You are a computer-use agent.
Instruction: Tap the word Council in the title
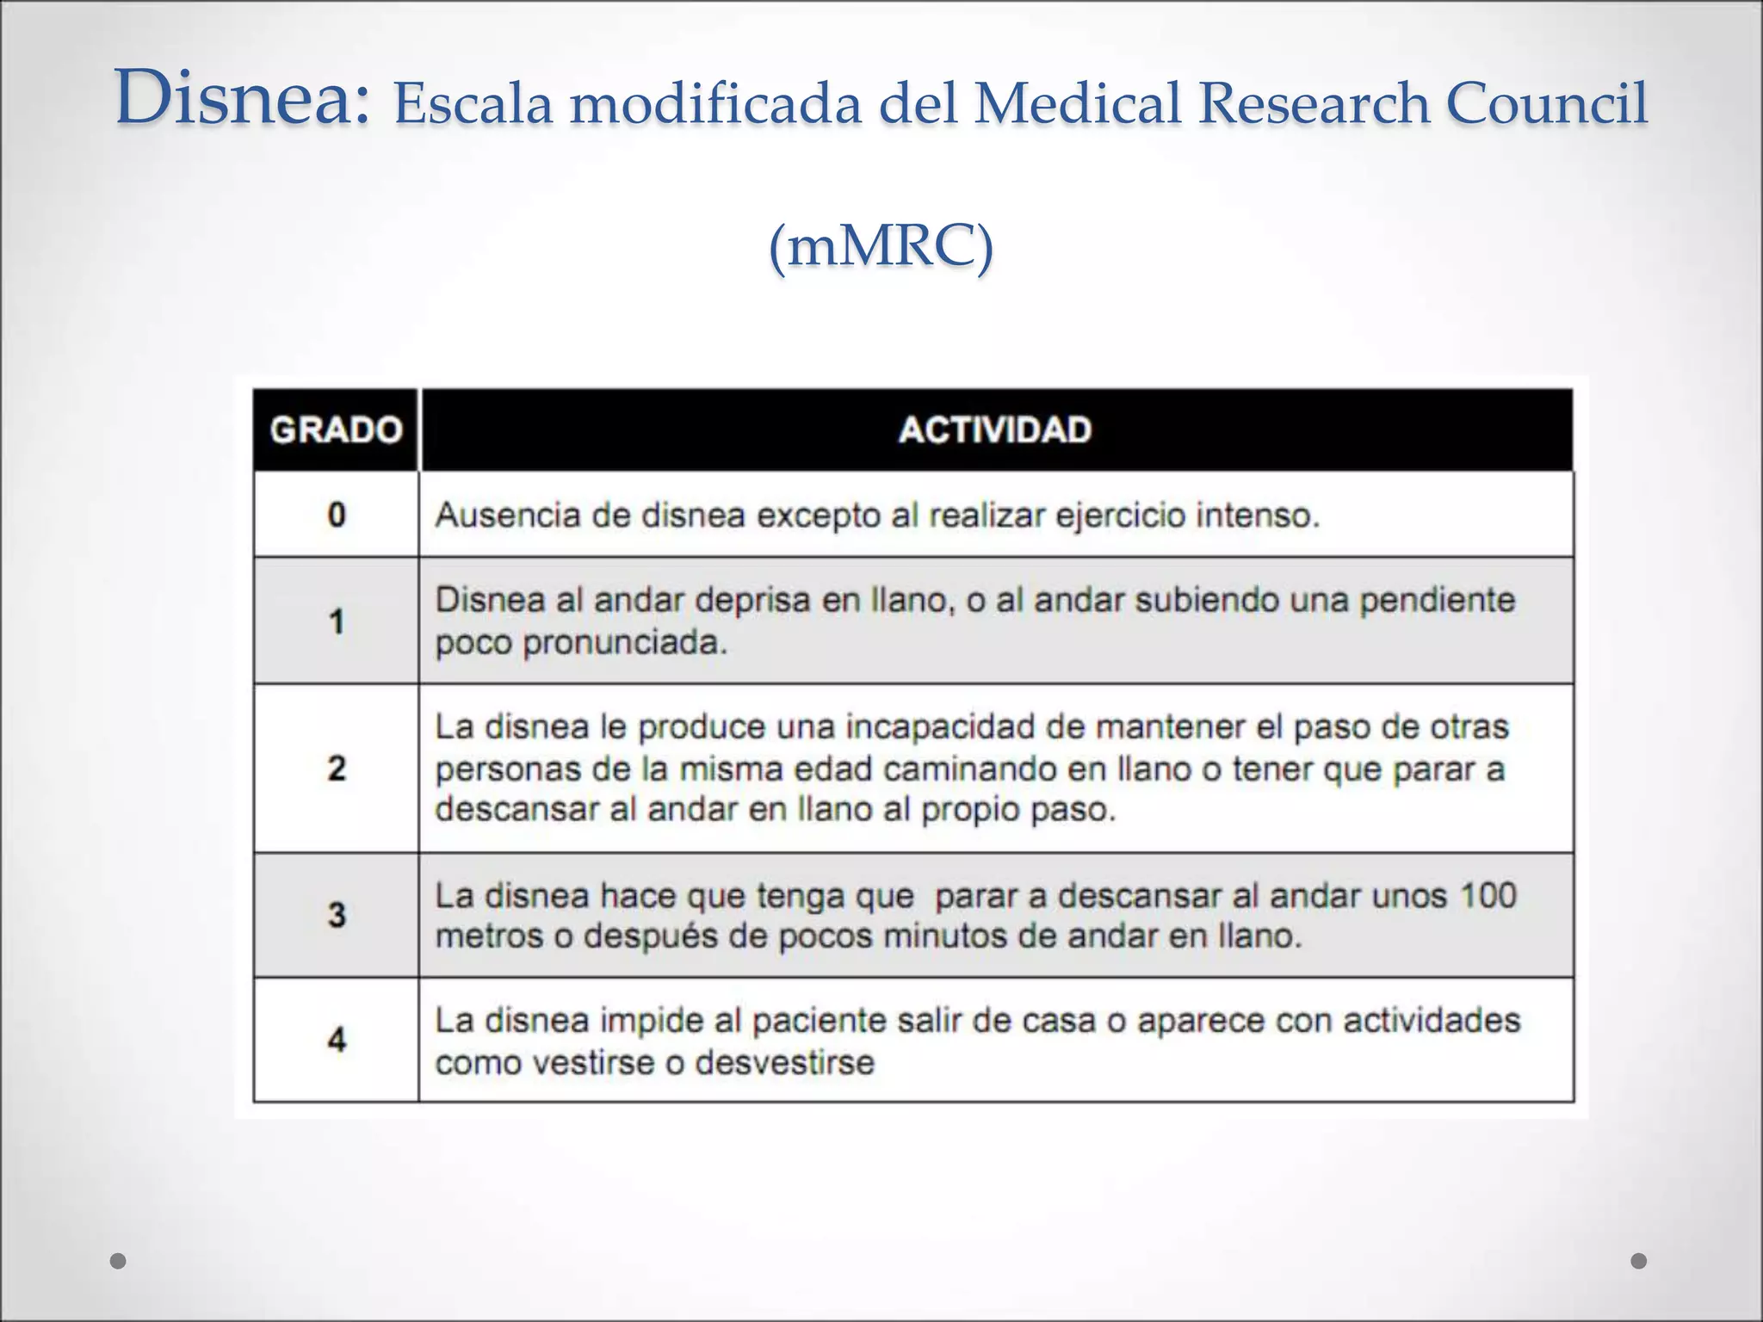click(x=1547, y=103)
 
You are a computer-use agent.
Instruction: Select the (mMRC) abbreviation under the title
click(x=881, y=247)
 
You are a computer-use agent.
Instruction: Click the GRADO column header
click(x=336, y=429)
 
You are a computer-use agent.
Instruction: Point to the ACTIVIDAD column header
click(x=995, y=429)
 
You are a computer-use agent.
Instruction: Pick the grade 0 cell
click(x=337, y=515)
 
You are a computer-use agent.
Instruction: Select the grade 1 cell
click(x=337, y=621)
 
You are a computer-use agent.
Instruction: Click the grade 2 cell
click(x=337, y=768)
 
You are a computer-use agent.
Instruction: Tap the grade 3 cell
click(x=337, y=914)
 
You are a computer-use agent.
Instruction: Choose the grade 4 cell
click(x=337, y=1040)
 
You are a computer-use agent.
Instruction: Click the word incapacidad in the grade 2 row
click(x=941, y=727)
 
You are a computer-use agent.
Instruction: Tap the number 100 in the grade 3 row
click(x=1488, y=895)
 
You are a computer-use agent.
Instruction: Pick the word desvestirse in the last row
click(x=784, y=1062)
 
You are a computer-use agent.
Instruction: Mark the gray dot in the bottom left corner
click(x=119, y=1261)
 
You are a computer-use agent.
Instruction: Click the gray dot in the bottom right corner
click(x=1639, y=1261)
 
